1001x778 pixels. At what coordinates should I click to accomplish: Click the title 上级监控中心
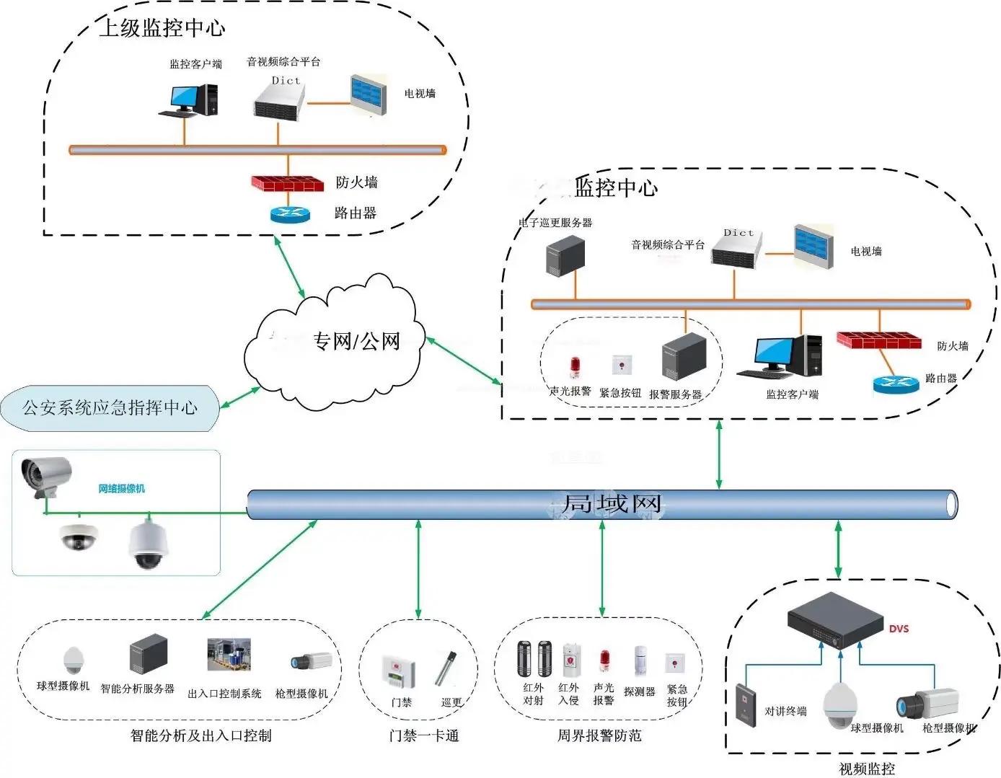pos(162,28)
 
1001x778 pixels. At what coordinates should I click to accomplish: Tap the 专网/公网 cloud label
pos(356,340)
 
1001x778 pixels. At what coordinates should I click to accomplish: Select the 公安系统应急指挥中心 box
pos(110,408)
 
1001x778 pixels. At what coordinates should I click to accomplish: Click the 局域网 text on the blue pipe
pos(611,503)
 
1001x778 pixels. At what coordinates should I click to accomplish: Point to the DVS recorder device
pos(835,621)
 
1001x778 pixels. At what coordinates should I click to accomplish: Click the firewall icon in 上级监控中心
pos(287,183)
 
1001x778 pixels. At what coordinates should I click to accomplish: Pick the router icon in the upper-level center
pos(289,213)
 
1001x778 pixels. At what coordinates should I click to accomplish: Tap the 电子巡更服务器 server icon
pos(565,255)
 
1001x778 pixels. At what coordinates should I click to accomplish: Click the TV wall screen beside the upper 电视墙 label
pos(369,94)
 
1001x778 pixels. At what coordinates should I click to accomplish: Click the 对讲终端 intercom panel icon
pos(746,702)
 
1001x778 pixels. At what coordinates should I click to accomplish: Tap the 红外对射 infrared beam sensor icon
pos(534,658)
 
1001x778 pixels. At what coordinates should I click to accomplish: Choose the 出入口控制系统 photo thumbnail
pos(229,655)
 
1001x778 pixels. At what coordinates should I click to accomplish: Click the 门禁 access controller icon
pos(398,672)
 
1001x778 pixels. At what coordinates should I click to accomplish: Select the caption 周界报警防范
pos(599,735)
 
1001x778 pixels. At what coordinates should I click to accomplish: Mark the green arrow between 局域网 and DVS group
pos(837,549)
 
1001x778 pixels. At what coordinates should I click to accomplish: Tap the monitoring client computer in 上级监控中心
pos(189,100)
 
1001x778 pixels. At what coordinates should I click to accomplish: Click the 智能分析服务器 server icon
pos(149,654)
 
